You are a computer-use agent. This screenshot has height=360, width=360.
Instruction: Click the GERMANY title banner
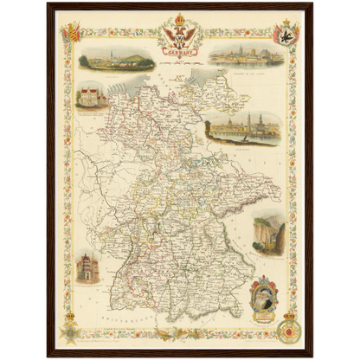point(179,51)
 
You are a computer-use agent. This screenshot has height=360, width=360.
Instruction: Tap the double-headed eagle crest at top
point(179,36)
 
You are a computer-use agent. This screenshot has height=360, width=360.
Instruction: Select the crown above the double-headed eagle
point(179,19)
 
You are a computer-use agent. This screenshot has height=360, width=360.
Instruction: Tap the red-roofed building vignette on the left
point(91,96)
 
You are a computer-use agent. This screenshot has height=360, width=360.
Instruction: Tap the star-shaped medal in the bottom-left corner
point(70,330)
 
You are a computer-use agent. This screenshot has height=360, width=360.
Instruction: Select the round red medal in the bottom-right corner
point(287,330)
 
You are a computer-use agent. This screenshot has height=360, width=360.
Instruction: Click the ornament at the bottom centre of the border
point(179,333)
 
